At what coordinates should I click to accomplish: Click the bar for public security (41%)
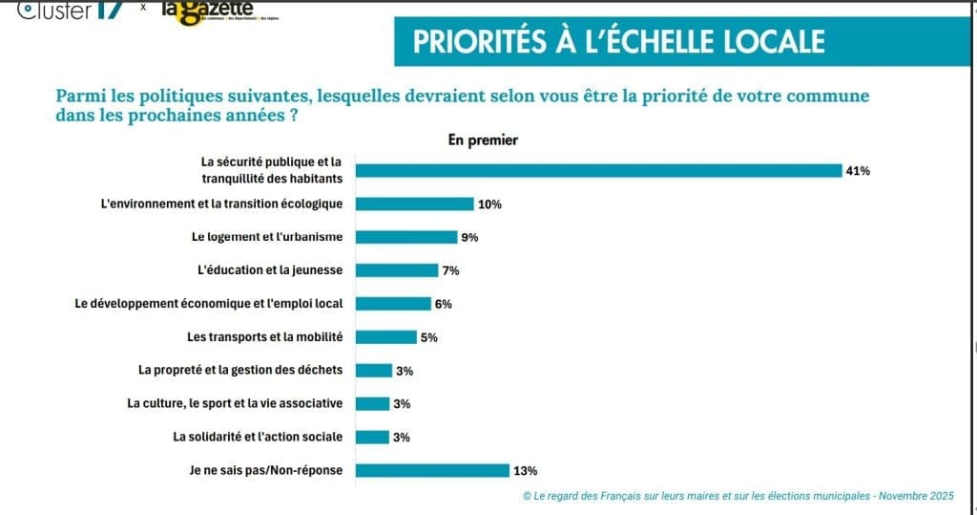[x=597, y=171]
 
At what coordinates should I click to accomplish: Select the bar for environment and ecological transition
[x=415, y=204]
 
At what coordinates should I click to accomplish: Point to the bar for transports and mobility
[x=386, y=337]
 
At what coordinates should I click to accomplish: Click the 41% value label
[x=857, y=171]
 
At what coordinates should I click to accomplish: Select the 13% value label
[x=526, y=470]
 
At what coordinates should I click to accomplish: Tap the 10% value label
[x=490, y=204]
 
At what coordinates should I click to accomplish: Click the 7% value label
[x=450, y=270]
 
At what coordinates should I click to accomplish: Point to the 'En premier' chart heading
[x=483, y=139]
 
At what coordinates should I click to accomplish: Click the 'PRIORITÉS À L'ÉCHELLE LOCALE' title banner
[x=619, y=42]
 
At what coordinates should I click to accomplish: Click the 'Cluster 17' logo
[x=72, y=10]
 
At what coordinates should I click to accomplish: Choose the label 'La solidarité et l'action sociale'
[x=258, y=437]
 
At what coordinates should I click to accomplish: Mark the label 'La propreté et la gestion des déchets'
[x=240, y=370]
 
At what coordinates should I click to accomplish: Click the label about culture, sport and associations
[x=235, y=403]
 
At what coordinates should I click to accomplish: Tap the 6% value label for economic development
[x=442, y=304]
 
